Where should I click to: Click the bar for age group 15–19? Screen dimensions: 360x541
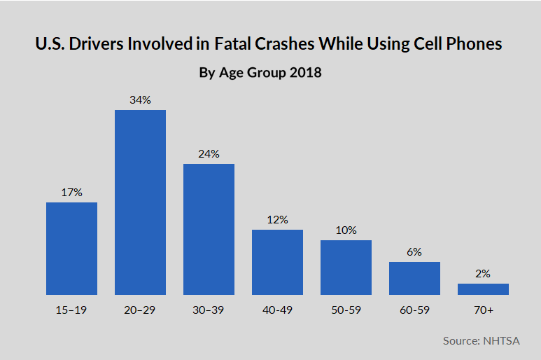(x=71, y=248)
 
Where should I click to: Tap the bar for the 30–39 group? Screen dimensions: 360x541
(x=209, y=229)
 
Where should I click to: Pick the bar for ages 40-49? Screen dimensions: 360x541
(x=277, y=262)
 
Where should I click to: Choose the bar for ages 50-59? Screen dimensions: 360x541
(x=346, y=267)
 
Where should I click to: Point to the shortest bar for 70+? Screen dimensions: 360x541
(x=483, y=289)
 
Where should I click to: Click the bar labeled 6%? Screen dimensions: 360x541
(x=414, y=278)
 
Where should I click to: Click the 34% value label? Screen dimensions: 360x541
(x=140, y=99)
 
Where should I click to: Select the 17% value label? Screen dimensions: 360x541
(x=71, y=192)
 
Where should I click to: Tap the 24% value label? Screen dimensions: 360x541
(x=209, y=153)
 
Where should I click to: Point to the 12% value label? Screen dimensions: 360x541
(x=277, y=219)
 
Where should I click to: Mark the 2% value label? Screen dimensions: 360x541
(x=483, y=273)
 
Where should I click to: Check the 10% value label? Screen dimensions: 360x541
(x=346, y=230)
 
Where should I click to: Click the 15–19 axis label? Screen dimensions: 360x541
(x=71, y=310)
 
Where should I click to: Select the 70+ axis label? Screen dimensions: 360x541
(x=483, y=310)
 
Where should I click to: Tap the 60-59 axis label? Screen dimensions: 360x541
(x=414, y=310)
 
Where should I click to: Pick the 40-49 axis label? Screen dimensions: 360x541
(x=277, y=310)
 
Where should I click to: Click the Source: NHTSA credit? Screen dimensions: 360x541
(x=482, y=340)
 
